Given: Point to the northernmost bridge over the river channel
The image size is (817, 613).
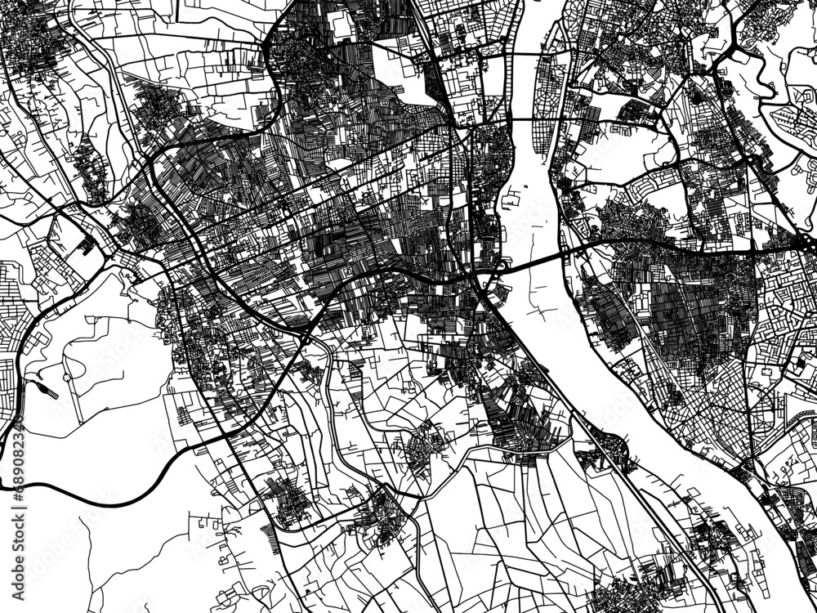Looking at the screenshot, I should tap(532, 54).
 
